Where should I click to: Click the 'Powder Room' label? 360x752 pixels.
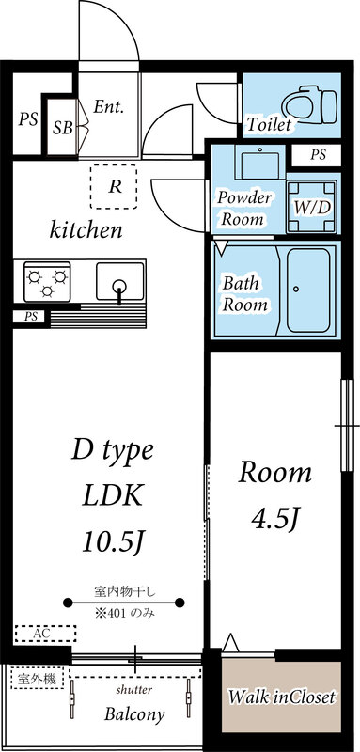point(244,208)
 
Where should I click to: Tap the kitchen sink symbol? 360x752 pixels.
point(119,286)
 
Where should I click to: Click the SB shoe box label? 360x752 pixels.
point(64,128)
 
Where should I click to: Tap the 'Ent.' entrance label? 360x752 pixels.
point(109,107)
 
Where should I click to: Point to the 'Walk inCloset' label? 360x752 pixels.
point(282,698)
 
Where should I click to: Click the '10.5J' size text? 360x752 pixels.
point(113,540)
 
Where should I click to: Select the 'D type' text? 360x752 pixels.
point(112,451)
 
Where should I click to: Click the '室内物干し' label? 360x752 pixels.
point(124,591)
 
